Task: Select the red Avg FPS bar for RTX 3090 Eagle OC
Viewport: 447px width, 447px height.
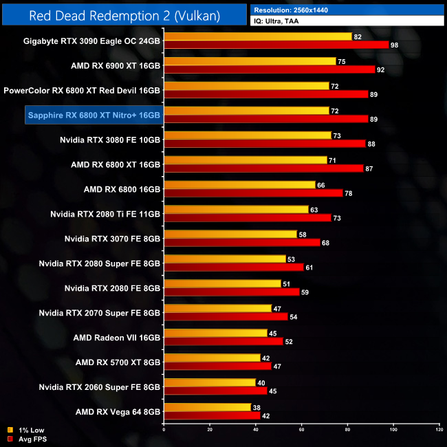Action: tap(276, 45)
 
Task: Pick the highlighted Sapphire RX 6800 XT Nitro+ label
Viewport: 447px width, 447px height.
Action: tap(94, 114)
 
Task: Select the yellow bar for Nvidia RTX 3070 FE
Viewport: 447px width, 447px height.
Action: tap(230, 235)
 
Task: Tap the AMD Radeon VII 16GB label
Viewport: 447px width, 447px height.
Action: tap(117, 338)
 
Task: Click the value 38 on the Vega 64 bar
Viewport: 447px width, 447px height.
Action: tap(257, 407)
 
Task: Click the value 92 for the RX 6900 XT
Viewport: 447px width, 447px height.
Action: tap(380, 69)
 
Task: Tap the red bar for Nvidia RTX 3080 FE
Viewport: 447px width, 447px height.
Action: tap(265, 144)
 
